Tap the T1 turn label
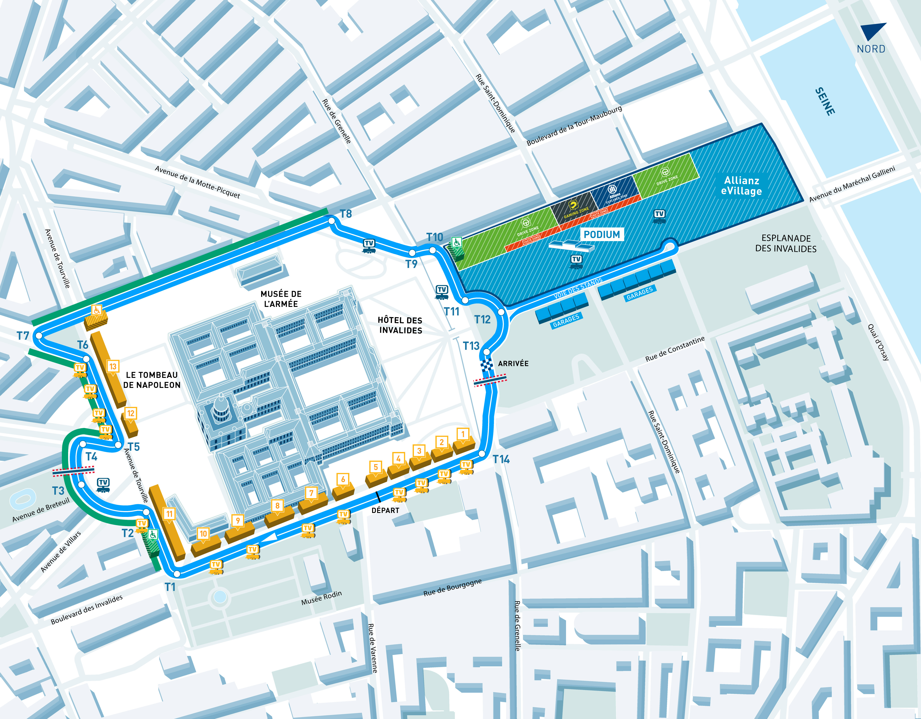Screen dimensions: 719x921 pyautogui.click(x=170, y=587)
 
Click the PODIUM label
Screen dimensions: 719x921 pyautogui.click(x=602, y=235)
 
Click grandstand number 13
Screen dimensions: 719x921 pyautogui.click(x=113, y=366)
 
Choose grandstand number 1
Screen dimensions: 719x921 pyautogui.click(x=463, y=434)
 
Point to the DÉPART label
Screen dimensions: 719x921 pyautogui.click(x=385, y=510)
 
